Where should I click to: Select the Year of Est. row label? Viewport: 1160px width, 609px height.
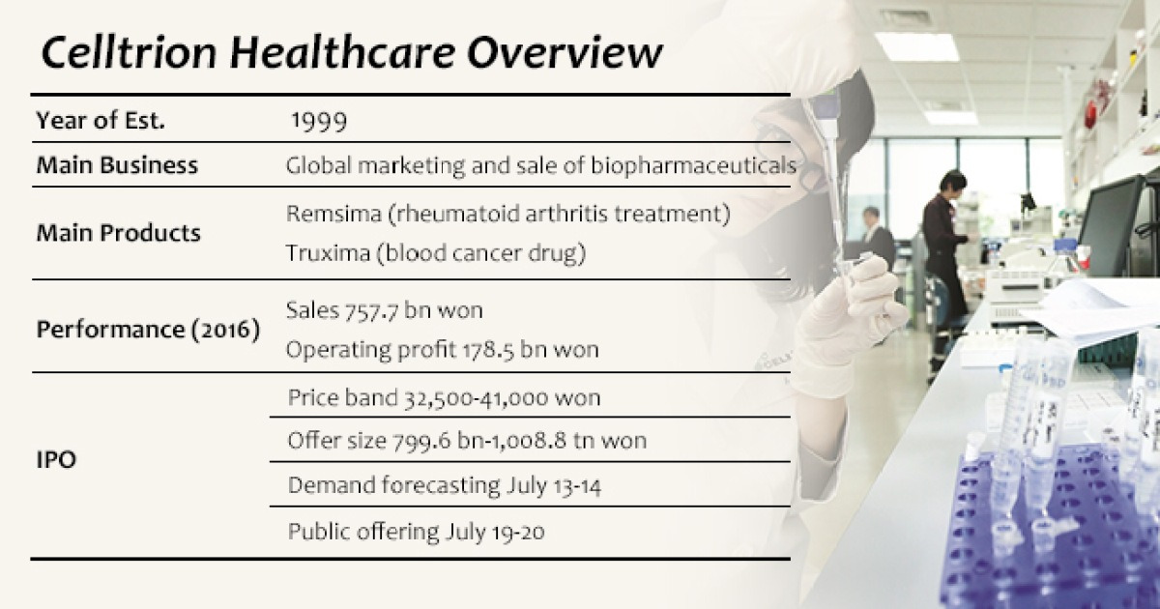point(101,121)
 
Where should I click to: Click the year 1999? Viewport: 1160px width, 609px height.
point(319,121)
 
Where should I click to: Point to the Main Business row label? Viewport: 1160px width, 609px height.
point(117,165)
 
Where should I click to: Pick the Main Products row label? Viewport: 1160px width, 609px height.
point(119,233)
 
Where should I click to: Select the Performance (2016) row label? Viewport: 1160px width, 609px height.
point(148,329)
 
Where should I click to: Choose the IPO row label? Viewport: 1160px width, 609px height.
point(56,461)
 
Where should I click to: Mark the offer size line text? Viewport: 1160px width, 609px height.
point(467,442)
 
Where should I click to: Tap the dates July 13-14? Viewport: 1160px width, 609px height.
point(553,486)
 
